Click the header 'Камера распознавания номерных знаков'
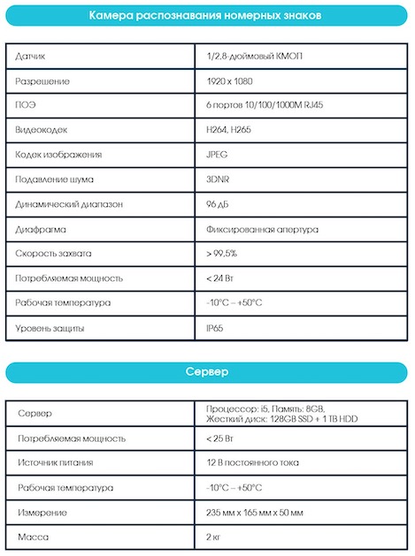[x=206, y=17]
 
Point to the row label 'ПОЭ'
[x=26, y=106]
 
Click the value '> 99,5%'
[x=221, y=254]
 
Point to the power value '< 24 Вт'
[x=221, y=278]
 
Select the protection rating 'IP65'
[x=213, y=329]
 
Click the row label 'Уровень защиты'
[x=50, y=329]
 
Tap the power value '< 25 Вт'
[x=221, y=438]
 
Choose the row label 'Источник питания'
[x=55, y=462]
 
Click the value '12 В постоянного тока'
[x=251, y=462]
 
